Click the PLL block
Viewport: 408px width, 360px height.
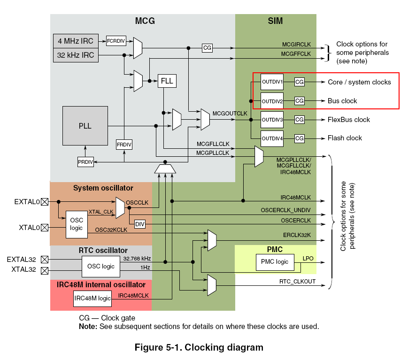(x=85, y=126)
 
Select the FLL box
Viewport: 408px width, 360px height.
(x=167, y=81)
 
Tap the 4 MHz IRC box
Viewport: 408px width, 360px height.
(x=76, y=41)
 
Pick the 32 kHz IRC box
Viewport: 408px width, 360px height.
(x=76, y=55)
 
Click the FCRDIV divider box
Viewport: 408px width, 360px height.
(x=116, y=41)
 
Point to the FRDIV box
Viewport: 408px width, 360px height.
(x=124, y=145)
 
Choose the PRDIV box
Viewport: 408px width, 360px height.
(x=85, y=162)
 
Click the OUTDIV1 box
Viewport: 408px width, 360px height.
(x=272, y=82)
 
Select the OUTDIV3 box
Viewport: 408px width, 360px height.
(x=272, y=120)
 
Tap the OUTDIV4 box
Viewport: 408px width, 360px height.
(x=272, y=138)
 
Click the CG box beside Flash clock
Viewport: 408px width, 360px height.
(x=300, y=138)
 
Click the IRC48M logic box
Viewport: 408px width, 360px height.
(x=92, y=299)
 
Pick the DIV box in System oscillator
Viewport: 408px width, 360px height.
(x=139, y=224)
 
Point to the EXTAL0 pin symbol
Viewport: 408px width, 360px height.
(x=45, y=202)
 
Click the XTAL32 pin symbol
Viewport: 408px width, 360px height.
(x=45, y=270)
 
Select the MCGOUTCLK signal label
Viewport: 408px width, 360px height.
(x=230, y=113)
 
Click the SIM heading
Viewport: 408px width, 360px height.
(x=275, y=21)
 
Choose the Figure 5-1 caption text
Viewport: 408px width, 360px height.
(x=199, y=347)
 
